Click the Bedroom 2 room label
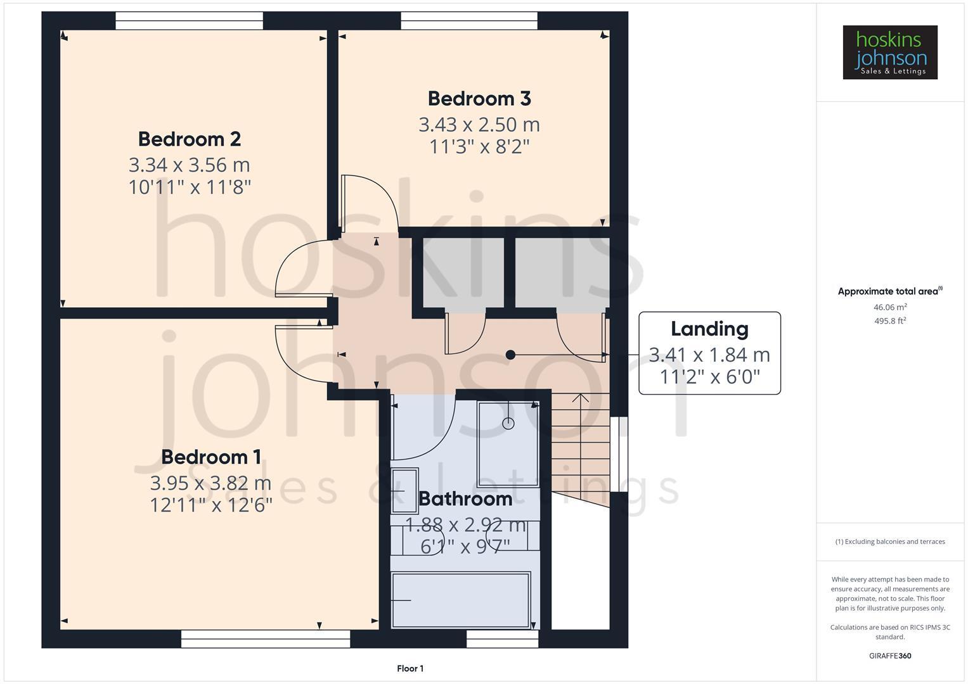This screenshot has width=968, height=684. pos(189,139)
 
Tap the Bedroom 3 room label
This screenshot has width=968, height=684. pos(479,99)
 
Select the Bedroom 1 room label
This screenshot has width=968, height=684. pos(210,457)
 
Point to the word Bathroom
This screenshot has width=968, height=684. pos(465,499)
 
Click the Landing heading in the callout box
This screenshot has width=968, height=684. pos(709,329)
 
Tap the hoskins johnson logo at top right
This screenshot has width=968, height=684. pos(889,53)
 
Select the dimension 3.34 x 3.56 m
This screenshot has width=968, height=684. pos(189,165)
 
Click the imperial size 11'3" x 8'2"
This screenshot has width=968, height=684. pos(479,147)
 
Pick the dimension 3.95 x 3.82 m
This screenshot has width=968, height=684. pos(210,483)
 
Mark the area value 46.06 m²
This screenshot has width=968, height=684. pos(889,307)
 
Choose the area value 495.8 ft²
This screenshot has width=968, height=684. pos(889,321)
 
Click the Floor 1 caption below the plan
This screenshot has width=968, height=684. pos(410,668)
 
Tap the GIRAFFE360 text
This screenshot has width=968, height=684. pos(889,656)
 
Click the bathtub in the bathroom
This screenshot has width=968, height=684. pos(460,600)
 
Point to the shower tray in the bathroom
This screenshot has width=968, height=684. pos(508,443)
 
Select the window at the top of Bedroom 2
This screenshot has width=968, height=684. pos(189,21)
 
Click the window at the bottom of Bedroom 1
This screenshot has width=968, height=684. pos(265,639)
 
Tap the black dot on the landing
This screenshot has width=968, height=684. pos(510,355)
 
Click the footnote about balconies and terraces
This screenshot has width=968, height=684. pos(889,541)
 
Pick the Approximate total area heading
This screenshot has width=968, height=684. pos(889,291)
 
